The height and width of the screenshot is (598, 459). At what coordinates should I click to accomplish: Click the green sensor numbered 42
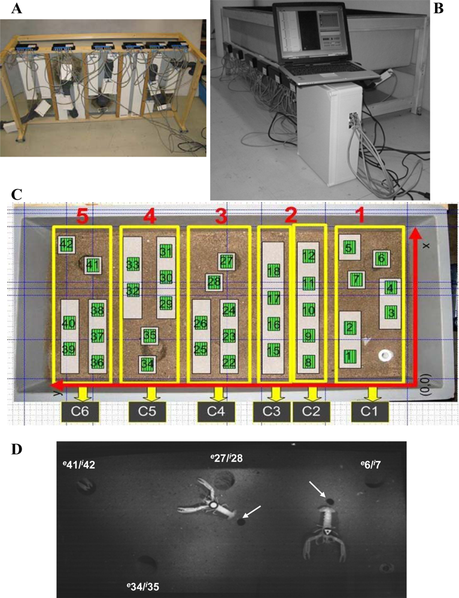pyautogui.click(x=66, y=244)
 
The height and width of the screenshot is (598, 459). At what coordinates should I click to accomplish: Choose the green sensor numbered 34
pyautogui.click(x=147, y=362)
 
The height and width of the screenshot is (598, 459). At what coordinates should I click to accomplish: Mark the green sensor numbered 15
pyautogui.click(x=274, y=350)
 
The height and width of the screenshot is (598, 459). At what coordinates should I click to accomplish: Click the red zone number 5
pyautogui.click(x=83, y=216)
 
